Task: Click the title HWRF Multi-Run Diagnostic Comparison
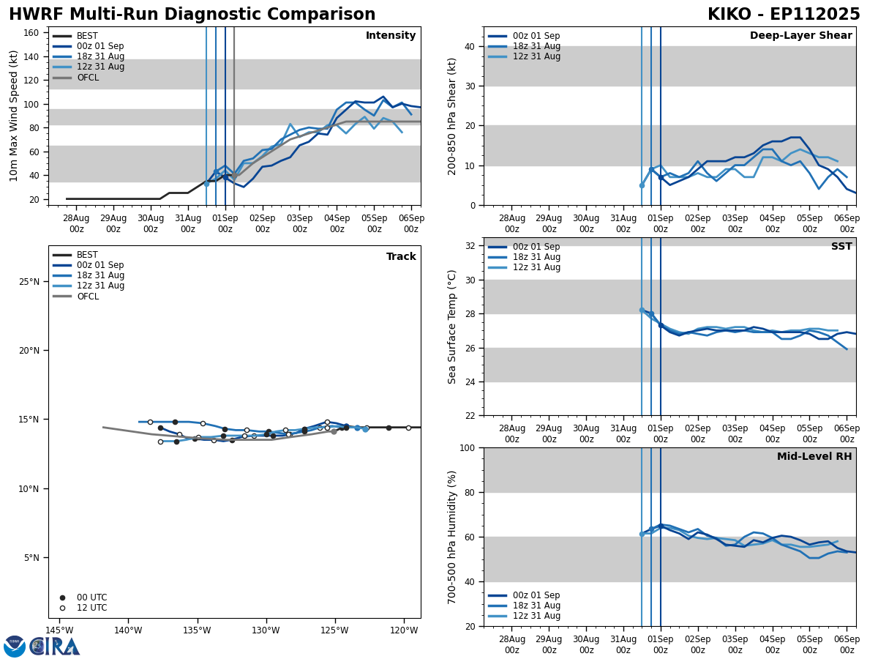pyautogui.click(x=192, y=15)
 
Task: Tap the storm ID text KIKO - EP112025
pyautogui.click(x=784, y=15)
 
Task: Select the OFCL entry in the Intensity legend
pyautogui.click(x=87, y=78)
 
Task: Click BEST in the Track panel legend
pyautogui.click(x=87, y=256)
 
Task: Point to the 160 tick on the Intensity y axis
pyautogui.click(x=33, y=33)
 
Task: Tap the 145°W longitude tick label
pyautogui.click(x=60, y=630)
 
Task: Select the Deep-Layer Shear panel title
pyautogui.click(x=800, y=36)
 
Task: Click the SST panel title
pyautogui.click(x=841, y=247)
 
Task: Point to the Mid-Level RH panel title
pyautogui.click(x=814, y=457)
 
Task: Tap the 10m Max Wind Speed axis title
pyautogui.click(x=13, y=116)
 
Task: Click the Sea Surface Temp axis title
pyautogui.click(x=452, y=327)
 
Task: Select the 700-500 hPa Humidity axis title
pyautogui.click(x=452, y=537)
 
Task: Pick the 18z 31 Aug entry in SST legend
pyautogui.click(x=536, y=257)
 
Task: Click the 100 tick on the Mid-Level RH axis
pyautogui.click(x=466, y=447)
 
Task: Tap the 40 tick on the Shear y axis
pyautogui.click(x=468, y=46)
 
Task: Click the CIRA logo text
pyautogui.click(x=55, y=647)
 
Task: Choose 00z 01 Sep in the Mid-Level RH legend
pyautogui.click(x=536, y=595)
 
